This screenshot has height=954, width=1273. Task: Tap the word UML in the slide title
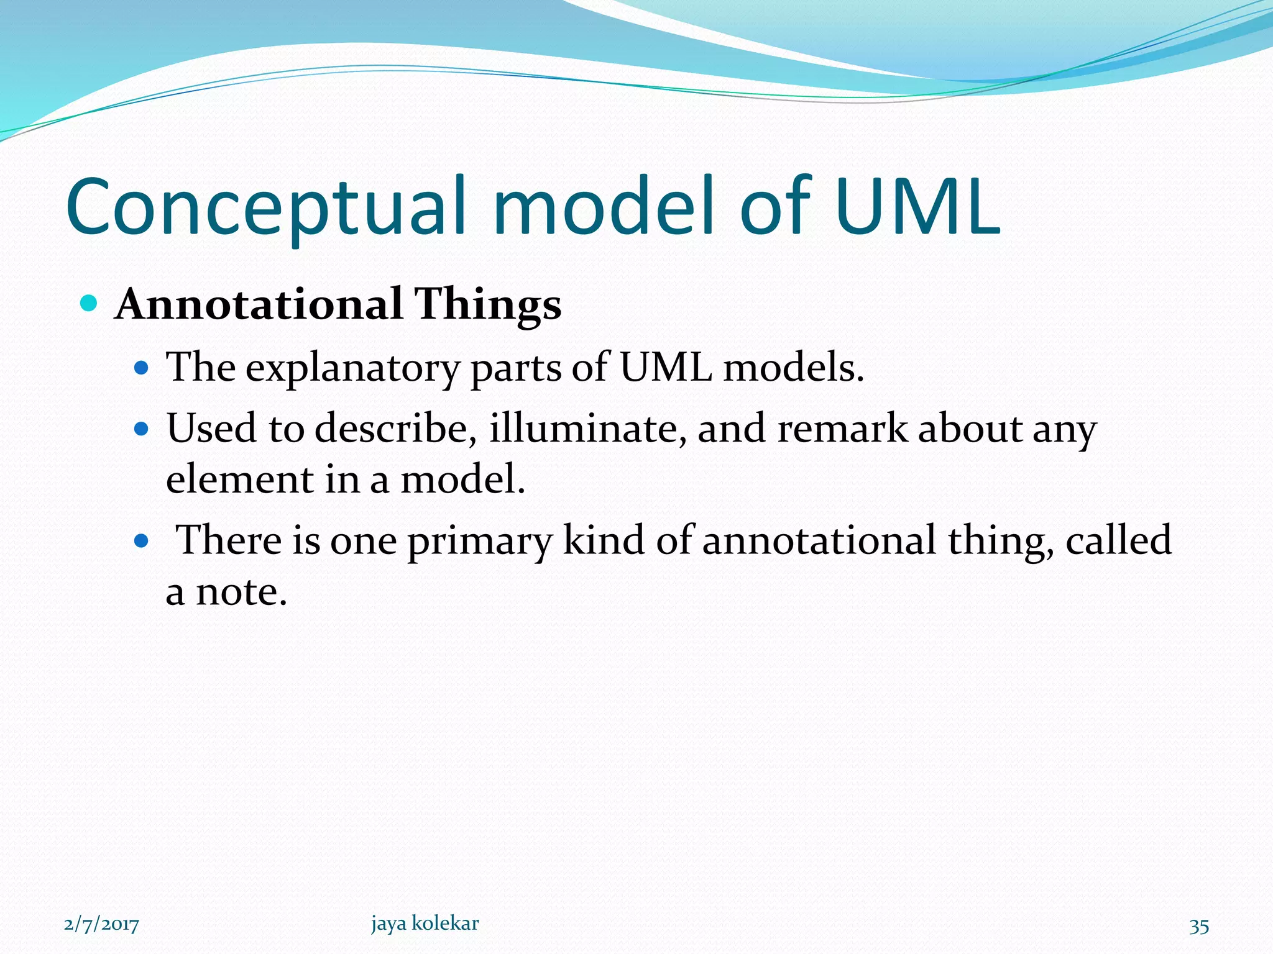917,208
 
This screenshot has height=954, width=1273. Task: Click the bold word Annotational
259,304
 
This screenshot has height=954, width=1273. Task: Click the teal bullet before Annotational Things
89,304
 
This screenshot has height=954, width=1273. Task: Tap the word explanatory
352,369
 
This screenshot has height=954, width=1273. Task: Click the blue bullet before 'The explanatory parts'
142,368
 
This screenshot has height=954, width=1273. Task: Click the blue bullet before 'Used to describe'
142,429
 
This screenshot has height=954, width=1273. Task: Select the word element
240,479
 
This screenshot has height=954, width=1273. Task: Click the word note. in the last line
241,592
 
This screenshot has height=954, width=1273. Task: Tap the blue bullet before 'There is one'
142,540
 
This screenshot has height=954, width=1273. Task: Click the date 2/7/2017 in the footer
101,924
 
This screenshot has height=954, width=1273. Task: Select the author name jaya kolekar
425,924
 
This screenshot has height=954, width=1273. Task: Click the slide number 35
1199,926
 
